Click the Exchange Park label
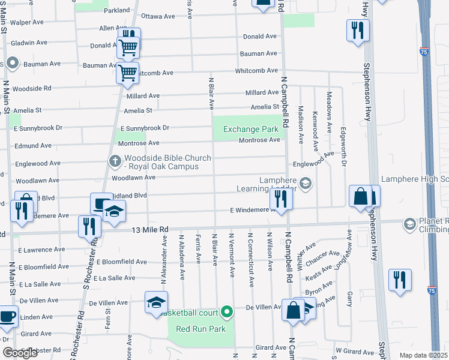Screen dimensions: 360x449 pyautogui.click(x=251, y=129)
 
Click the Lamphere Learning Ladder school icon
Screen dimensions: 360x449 pyautogui.click(x=306, y=183)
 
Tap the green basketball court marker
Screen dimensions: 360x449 pyautogui.click(x=227, y=311)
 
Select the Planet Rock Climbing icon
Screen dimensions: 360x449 pyautogui.click(x=410, y=224)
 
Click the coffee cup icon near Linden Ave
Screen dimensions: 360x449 pyautogui.click(x=7, y=316)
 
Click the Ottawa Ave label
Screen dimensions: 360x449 pyautogui.click(x=156, y=16)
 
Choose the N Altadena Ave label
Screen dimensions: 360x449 pyautogui.click(x=181, y=257)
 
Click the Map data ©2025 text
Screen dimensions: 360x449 pyautogui.click(x=424, y=355)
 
